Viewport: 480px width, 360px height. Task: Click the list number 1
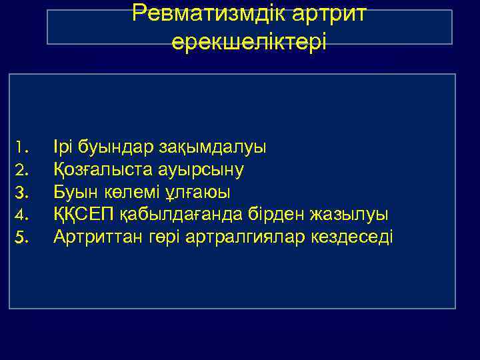pyautogui.click(x=20, y=146)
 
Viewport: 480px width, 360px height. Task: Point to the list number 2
pyautogui.click(x=20, y=169)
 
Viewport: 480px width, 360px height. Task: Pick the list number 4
pyautogui.click(x=20, y=215)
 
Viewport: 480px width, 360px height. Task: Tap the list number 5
pyautogui.click(x=20, y=237)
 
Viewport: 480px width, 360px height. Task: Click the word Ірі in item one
pyautogui.click(x=63, y=146)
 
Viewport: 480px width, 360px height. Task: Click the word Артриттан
pyautogui.click(x=97, y=237)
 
